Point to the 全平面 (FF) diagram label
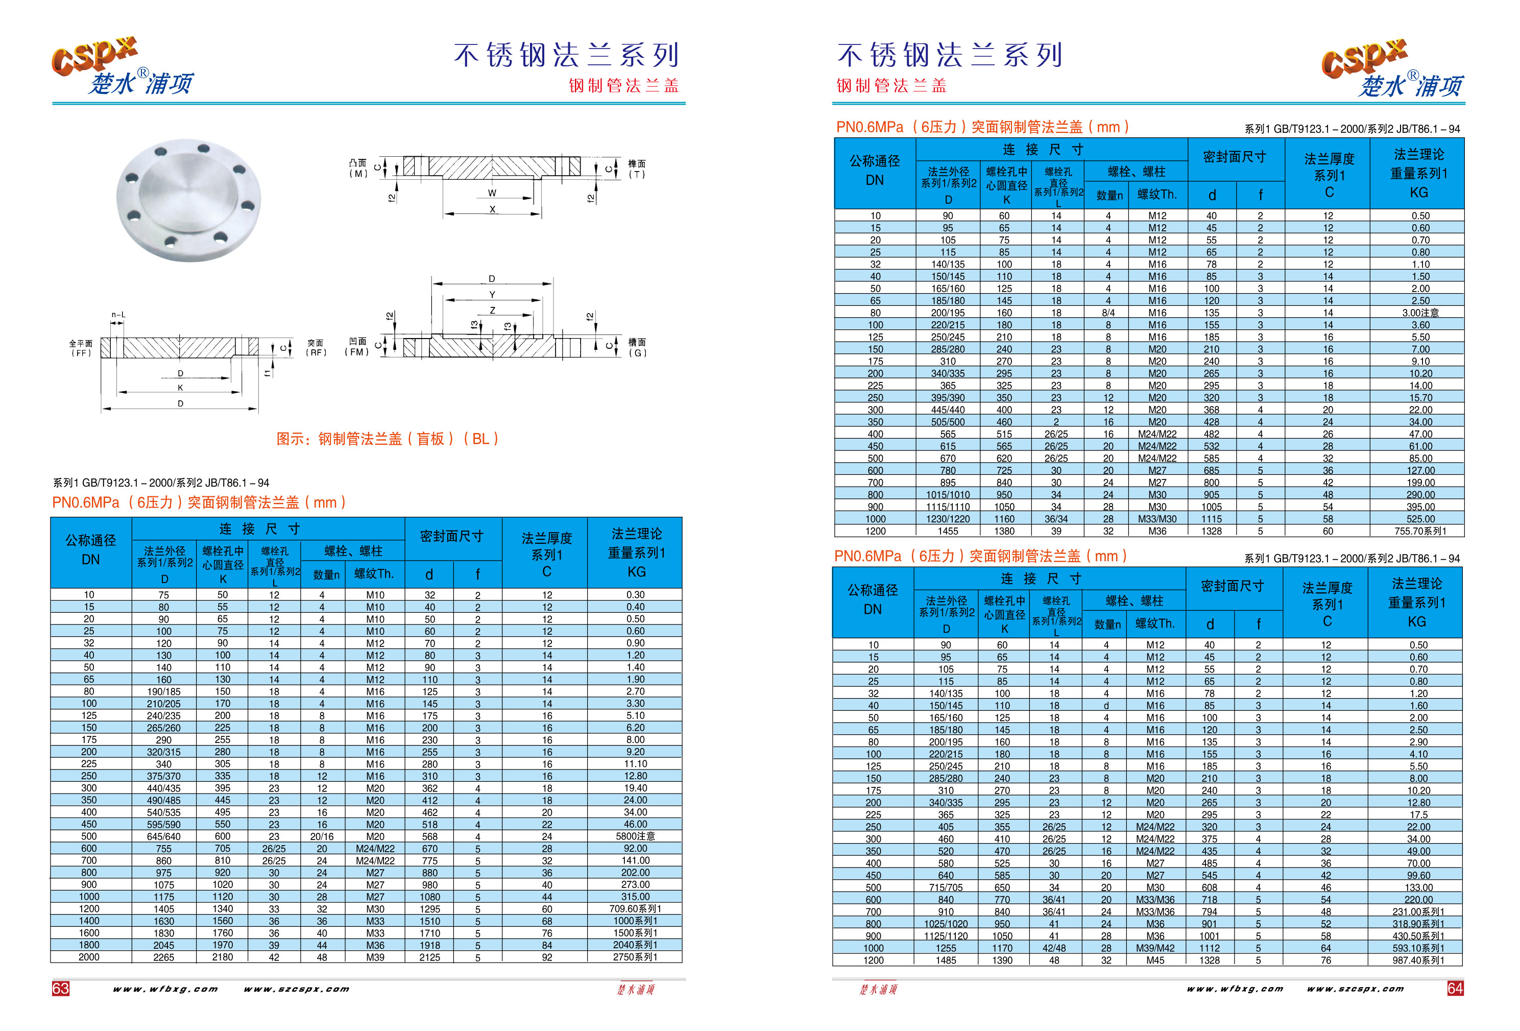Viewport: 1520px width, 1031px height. pyautogui.click(x=81, y=348)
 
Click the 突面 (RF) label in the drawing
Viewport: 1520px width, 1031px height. pyautogui.click(x=316, y=348)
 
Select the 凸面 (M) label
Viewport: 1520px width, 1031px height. pyautogui.click(x=358, y=168)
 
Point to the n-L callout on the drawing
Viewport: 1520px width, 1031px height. pyautogui.click(x=118, y=315)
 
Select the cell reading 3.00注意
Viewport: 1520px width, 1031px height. pyautogui.click(x=1420, y=313)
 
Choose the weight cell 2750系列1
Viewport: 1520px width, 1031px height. pyautogui.click(x=635, y=957)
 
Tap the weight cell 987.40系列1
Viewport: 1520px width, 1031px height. pyautogui.click(x=1418, y=961)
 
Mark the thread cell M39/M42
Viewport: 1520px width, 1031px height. pyautogui.click(x=1155, y=948)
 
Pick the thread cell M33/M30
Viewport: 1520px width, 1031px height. pyautogui.click(x=1157, y=519)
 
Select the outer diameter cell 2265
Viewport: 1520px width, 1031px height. pyautogui.click(x=163, y=957)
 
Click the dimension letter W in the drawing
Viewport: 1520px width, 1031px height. pyautogui.click(x=492, y=193)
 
